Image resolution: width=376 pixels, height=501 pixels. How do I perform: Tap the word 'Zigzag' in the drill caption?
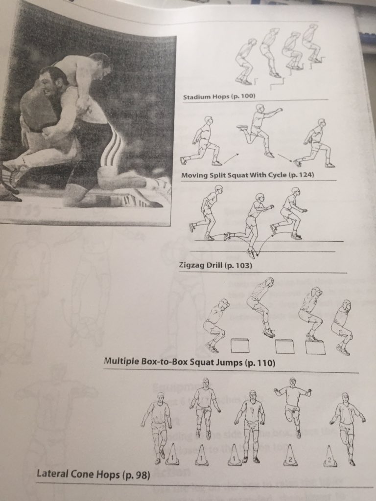193,267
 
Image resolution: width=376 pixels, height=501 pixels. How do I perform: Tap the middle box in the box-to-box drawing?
284,346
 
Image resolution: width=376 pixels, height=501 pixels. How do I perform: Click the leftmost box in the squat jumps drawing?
240,345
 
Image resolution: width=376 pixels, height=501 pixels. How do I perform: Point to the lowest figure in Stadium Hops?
245,61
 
